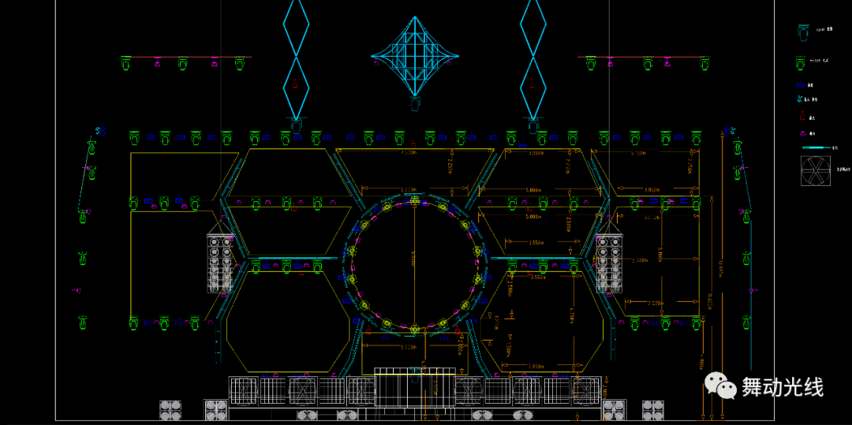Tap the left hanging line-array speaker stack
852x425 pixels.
coord(221,263)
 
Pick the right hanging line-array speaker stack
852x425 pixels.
coord(609,263)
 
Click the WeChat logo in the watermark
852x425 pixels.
coord(719,386)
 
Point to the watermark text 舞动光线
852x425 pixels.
coord(782,387)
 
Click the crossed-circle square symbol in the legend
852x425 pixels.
coord(816,171)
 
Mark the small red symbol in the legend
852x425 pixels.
coord(801,116)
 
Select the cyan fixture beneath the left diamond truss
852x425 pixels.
coord(296,124)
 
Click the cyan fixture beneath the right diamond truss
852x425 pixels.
coord(533,124)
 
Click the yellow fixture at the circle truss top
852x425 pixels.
coord(415,203)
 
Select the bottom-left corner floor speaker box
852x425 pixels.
coord(170,409)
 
